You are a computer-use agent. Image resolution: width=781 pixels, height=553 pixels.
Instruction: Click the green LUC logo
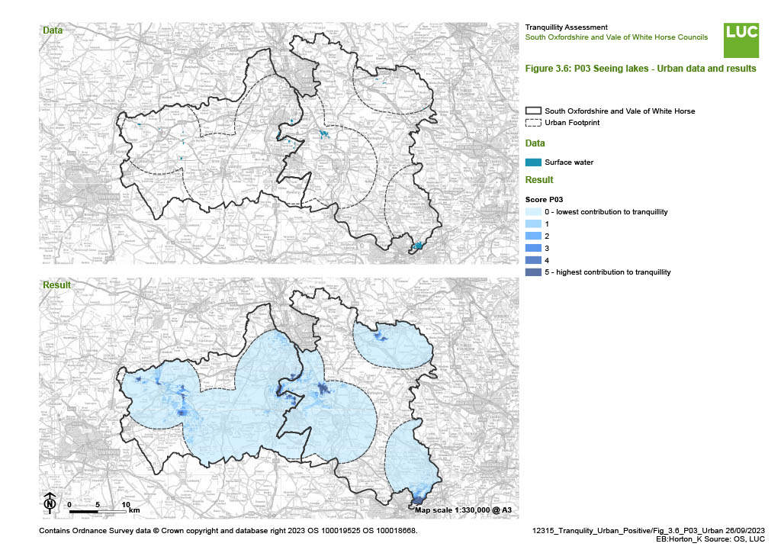(741, 40)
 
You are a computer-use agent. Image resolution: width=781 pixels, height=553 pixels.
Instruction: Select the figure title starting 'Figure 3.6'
(641, 69)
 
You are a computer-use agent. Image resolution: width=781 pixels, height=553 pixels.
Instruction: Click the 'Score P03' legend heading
(544, 199)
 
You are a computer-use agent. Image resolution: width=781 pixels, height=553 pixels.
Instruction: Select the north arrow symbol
(50, 503)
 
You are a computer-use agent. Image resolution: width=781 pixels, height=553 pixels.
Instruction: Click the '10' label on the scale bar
(125, 504)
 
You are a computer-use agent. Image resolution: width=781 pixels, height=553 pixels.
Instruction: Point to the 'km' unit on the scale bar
(134, 510)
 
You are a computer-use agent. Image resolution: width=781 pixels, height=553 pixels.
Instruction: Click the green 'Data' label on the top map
(53, 31)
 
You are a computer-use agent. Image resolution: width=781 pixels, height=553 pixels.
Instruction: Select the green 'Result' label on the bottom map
(56, 285)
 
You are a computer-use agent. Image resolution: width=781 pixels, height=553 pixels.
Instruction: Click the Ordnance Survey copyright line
(227, 529)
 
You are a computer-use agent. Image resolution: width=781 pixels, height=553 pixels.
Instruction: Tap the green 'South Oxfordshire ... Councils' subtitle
(616, 37)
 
